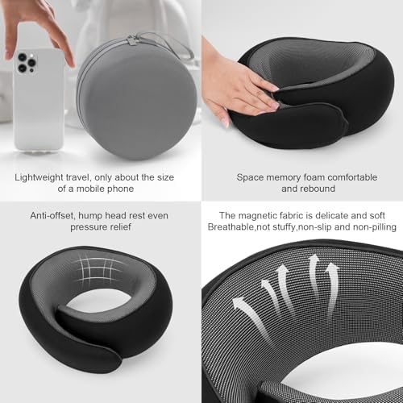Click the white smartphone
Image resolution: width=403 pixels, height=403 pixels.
39,100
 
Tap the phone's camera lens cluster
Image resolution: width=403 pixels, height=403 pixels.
27,62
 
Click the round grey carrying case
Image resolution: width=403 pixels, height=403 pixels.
136,98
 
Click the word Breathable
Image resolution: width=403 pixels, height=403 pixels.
231,227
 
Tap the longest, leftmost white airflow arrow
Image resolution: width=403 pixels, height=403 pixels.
251,317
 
